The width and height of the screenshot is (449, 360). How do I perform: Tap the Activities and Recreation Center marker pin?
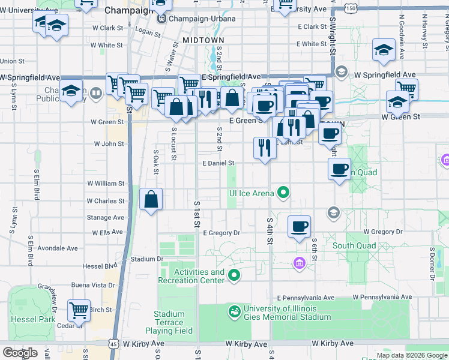[234, 276]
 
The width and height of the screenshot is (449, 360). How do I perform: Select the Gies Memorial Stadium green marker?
[234, 312]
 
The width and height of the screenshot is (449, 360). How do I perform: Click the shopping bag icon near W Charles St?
[151, 199]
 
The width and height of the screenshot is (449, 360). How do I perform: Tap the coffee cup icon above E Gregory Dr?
[299, 227]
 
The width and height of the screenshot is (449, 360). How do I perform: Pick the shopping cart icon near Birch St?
[79, 310]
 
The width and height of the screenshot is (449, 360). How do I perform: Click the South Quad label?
[354, 245]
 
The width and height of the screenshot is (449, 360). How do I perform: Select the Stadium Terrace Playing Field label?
[169, 322]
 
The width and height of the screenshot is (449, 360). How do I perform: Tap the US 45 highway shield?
[113, 343]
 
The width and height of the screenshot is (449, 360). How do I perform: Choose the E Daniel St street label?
[218, 163]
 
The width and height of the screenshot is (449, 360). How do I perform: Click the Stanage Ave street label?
[105, 218]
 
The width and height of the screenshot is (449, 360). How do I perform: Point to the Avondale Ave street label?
[58, 248]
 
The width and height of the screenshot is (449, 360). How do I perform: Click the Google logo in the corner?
[20, 353]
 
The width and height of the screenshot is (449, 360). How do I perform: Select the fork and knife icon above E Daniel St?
[265, 146]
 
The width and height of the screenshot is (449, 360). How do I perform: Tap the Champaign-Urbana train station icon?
[161, 19]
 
